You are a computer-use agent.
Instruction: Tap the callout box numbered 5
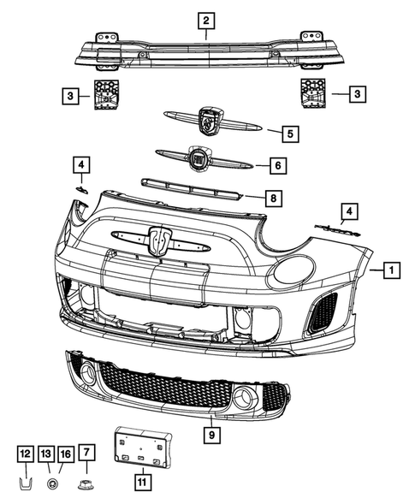pos(290,133)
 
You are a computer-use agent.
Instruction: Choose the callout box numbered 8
pos(270,199)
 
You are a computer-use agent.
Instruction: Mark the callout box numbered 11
pos(141,482)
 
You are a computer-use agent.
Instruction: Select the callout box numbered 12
pos(26,454)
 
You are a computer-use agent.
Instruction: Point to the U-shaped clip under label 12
pos(26,485)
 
